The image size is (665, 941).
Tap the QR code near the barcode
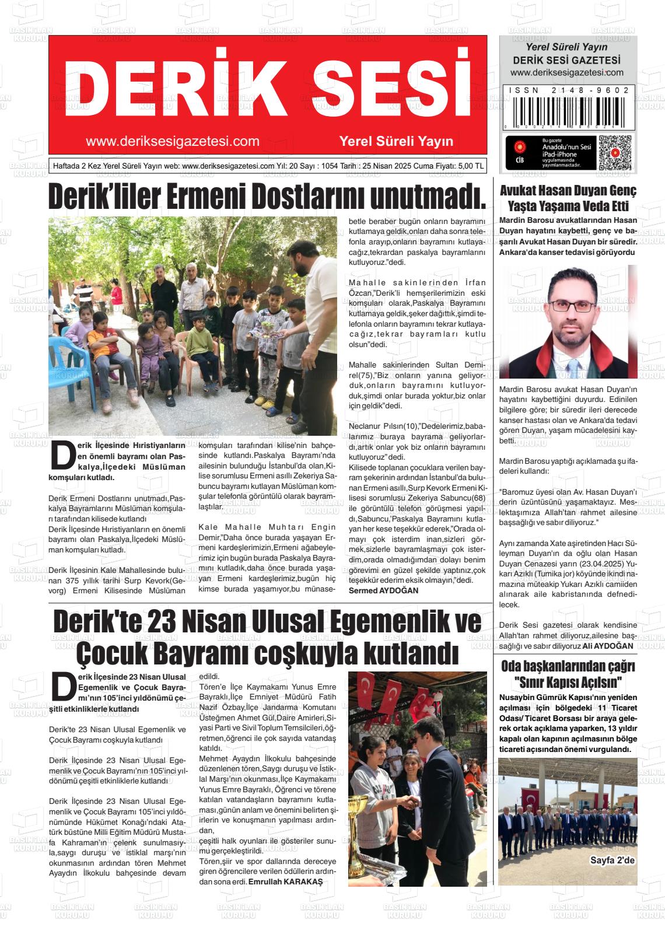(615, 153)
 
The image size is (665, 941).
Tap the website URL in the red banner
(173, 141)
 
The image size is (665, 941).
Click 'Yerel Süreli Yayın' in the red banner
(396, 141)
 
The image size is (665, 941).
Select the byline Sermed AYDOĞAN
(383, 591)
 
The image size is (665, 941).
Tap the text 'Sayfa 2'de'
(612, 860)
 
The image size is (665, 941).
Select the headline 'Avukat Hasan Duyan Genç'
(568, 191)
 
